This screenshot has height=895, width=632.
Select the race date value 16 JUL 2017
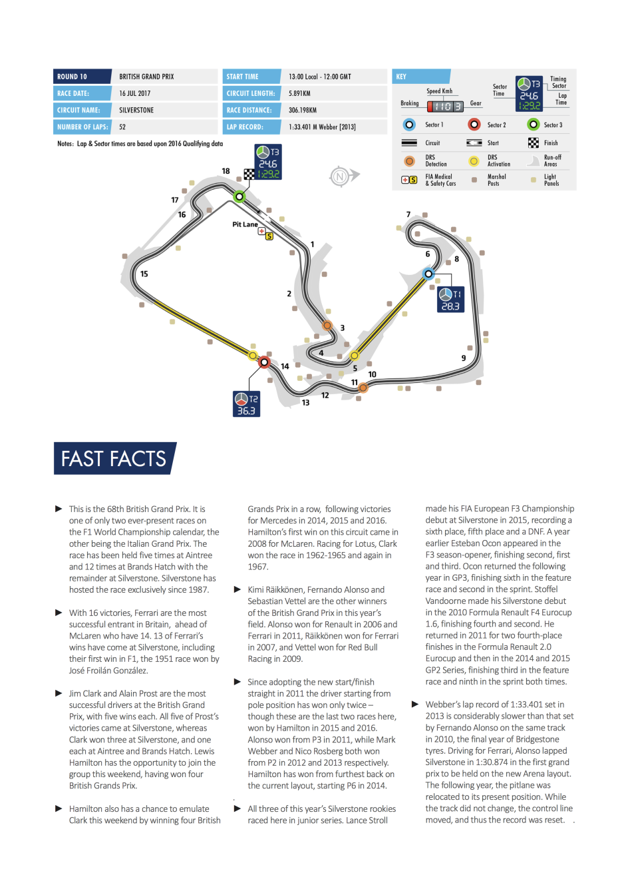[x=135, y=93]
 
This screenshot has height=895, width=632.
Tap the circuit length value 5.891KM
[x=299, y=93]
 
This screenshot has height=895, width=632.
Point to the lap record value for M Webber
[x=322, y=127]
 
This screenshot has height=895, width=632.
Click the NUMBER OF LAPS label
[x=82, y=127]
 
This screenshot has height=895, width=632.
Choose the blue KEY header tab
[x=421, y=77]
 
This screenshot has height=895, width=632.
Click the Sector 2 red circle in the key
[x=474, y=125]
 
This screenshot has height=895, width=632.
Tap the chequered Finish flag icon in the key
[x=534, y=143]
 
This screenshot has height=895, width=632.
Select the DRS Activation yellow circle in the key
[x=474, y=161]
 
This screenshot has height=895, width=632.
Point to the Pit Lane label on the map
[x=244, y=224]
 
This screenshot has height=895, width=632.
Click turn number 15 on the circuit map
[x=144, y=274]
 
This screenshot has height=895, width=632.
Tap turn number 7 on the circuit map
[x=408, y=214]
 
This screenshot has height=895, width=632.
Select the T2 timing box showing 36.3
[x=246, y=404]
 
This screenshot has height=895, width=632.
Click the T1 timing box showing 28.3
[x=450, y=300]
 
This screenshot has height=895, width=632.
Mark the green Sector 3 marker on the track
[x=239, y=196]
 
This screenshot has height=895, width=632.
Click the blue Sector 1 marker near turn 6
[x=428, y=274]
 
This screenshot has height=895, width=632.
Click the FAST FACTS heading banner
[x=114, y=459]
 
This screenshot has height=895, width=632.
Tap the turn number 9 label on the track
[x=464, y=358]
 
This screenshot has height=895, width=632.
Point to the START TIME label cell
[x=251, y=77]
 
